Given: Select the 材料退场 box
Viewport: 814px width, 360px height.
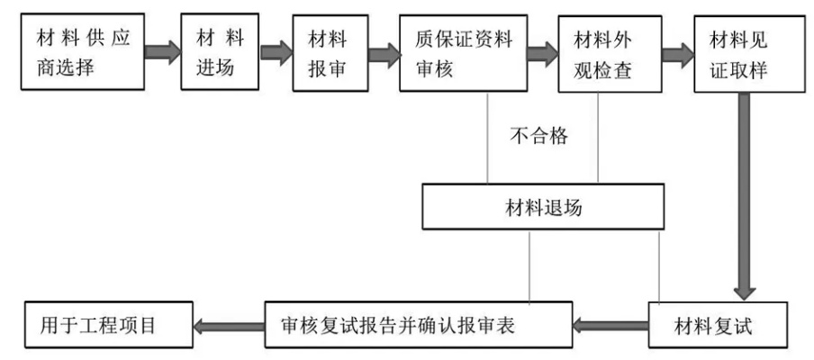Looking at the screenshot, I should (x=542, y=208).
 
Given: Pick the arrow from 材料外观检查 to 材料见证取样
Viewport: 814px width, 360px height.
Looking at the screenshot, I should (x=677, y=52).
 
